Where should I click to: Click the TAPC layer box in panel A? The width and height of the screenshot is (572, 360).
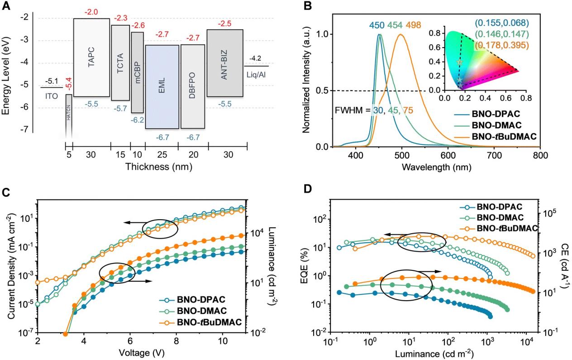pos(91,58)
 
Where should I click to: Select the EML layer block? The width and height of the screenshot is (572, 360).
pos(162,87)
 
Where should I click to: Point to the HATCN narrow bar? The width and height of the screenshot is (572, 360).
pos(69,115)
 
